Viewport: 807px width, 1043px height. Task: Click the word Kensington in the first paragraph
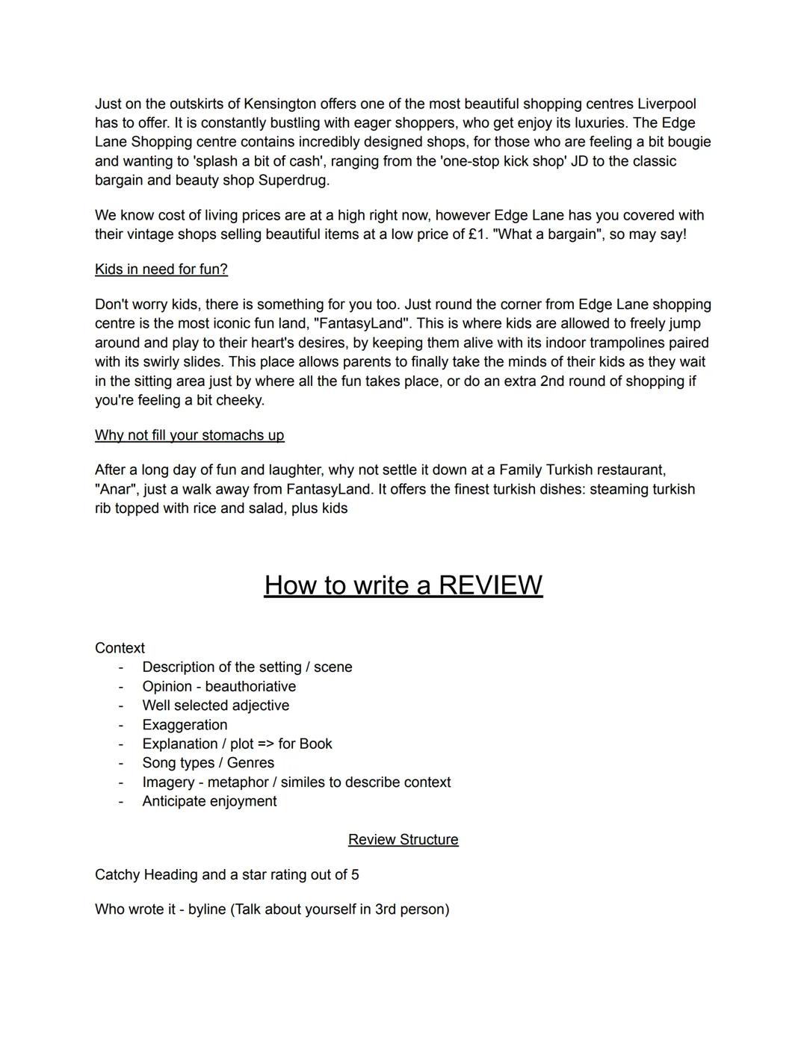[279, 104]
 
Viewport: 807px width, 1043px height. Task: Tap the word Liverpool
[667, 104]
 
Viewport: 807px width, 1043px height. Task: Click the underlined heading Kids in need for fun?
[161, 270]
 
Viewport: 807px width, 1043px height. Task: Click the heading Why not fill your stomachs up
[189, 435]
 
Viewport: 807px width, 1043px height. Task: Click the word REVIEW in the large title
[490, 585]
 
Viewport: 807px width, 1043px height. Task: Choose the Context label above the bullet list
[120, 648]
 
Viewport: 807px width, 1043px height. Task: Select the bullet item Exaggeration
[185, 725]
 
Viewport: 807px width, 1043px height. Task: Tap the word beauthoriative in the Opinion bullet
[250, 687]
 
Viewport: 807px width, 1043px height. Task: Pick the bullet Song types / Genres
[208, 763]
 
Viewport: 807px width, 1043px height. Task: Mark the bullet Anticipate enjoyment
[209, 801]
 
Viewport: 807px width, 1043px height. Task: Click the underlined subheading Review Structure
[403, 840]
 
